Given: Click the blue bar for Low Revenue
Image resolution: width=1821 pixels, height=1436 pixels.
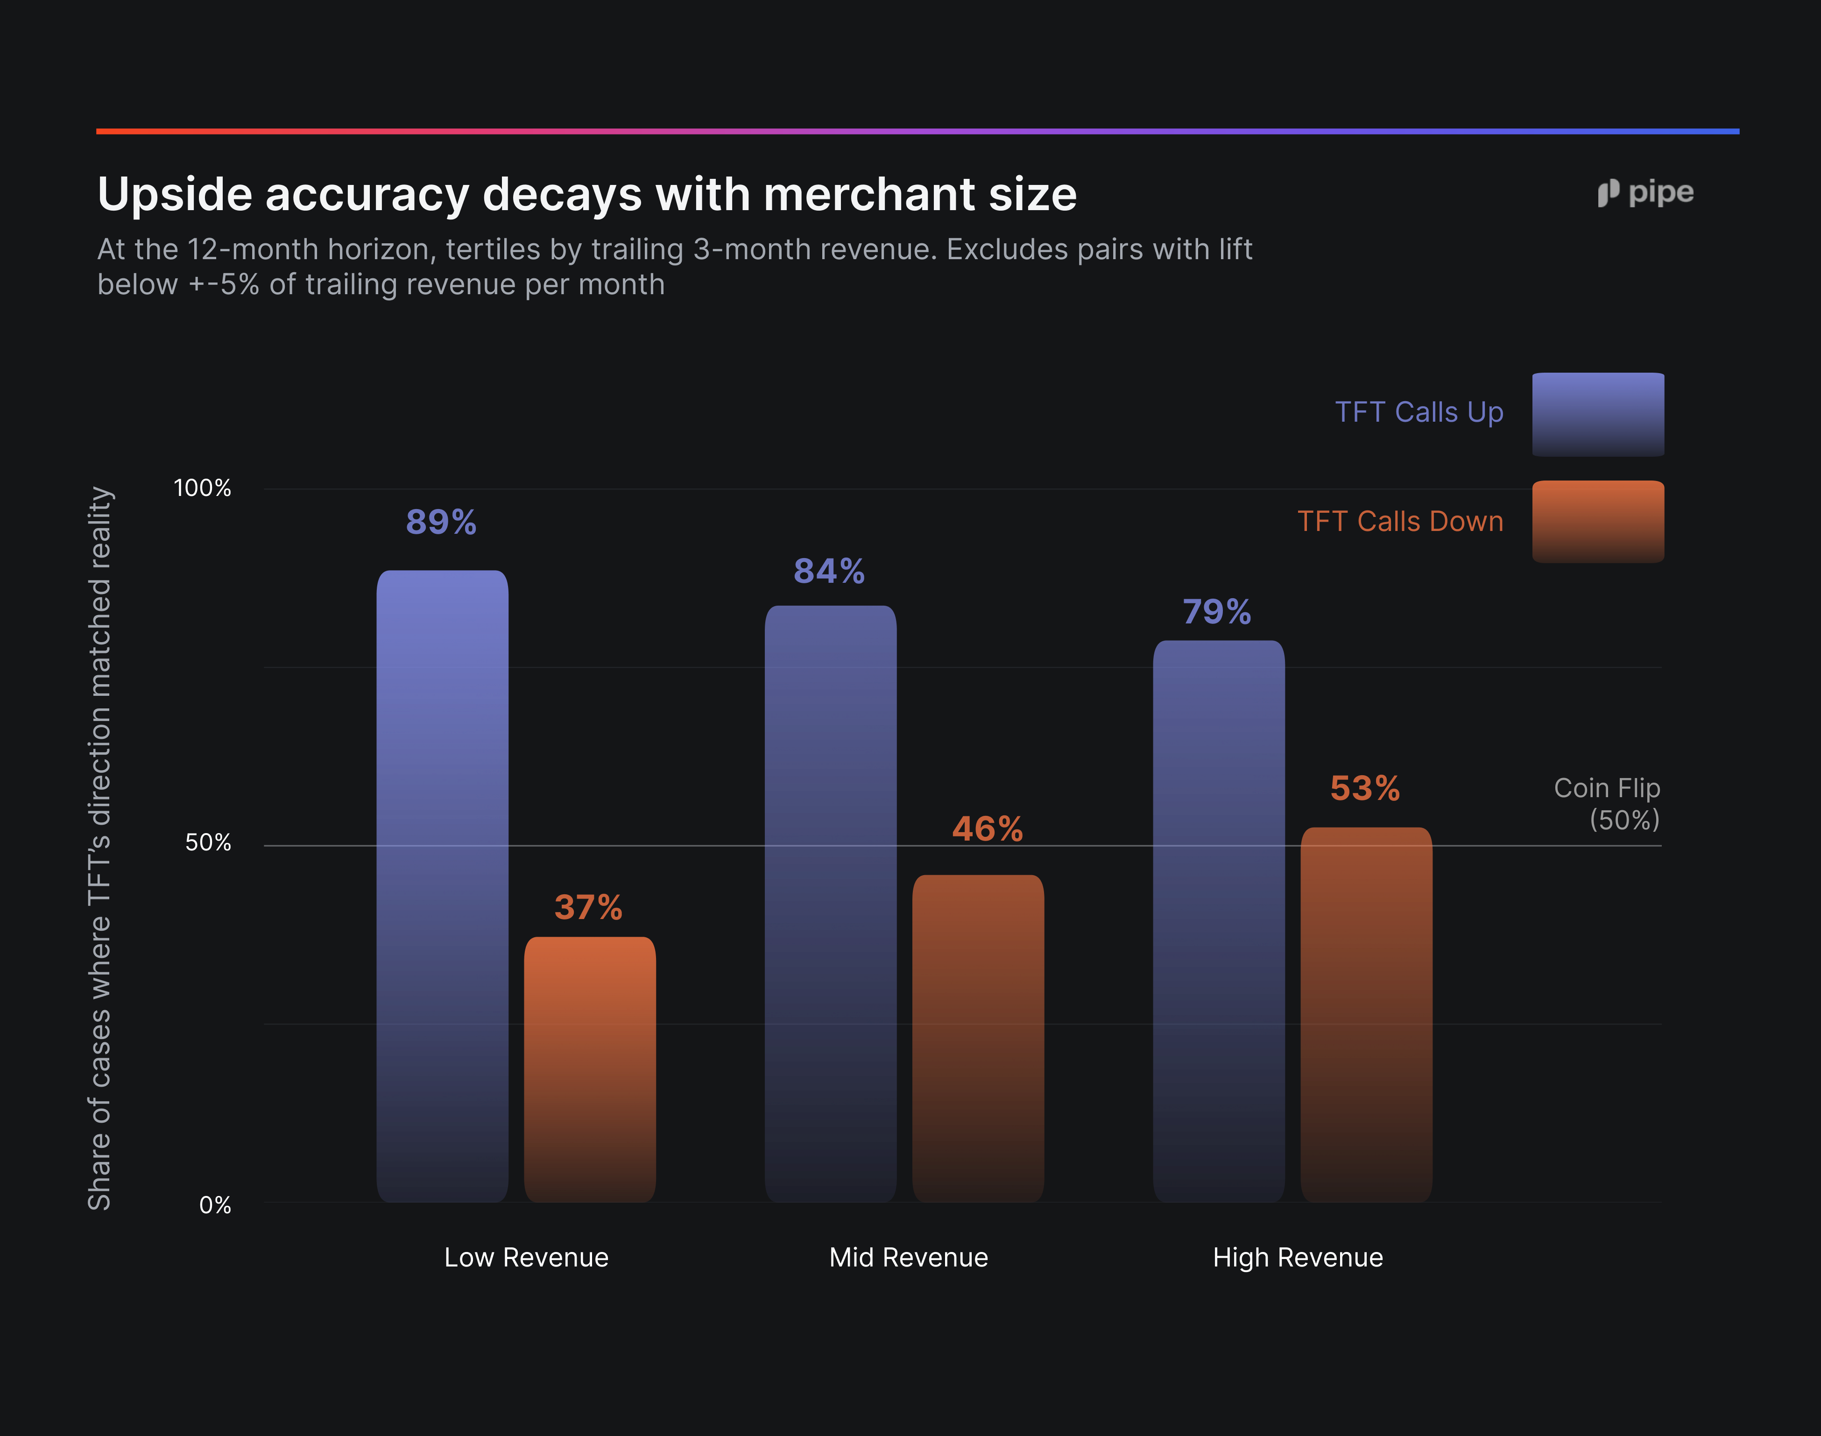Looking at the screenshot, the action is (x=442, y=886).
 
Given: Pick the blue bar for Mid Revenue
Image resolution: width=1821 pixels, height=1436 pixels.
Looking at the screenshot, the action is (x=831, y=904).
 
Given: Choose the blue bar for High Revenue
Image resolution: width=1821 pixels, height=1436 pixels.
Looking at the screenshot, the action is (x=1219, y=921).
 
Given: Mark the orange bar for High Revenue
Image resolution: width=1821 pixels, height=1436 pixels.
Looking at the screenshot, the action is (x=1366, y=1015).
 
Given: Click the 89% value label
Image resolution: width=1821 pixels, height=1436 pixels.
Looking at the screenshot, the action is (x=441, y=522).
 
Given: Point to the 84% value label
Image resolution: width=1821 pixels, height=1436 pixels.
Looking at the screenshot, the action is (x=829, y=571).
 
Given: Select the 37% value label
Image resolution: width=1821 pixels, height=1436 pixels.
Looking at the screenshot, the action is (x=588, y=907).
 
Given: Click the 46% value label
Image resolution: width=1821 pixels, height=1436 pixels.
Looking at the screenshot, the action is (x=987, y=829).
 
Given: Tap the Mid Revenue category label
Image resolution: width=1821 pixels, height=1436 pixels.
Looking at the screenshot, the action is (x=909, y=1257).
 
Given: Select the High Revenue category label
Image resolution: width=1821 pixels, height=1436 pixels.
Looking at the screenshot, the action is (x=1298, y=1258).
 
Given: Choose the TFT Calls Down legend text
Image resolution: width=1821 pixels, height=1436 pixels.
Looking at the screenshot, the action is (x=1401, y=521).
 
